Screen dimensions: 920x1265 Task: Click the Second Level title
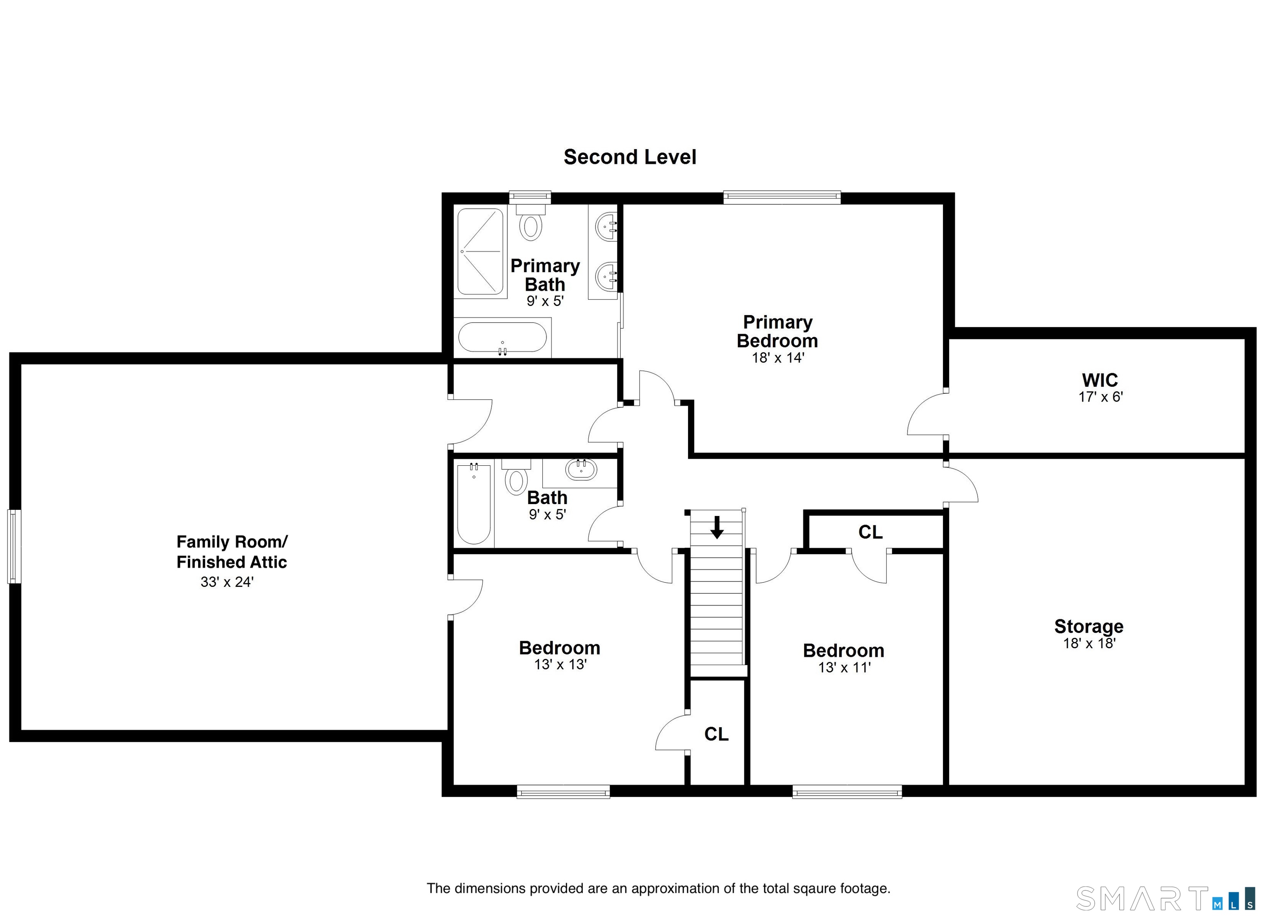click(x=629, y=157)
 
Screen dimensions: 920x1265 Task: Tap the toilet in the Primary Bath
click(x=530, y=224)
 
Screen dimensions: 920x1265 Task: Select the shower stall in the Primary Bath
click(x=480, y=252)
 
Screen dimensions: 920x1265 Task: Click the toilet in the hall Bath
click(x=516, y=479)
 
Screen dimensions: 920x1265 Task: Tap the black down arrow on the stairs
click(x=717, y=527)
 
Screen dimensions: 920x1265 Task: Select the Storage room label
click(x=1088, y=626)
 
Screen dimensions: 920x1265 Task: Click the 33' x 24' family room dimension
click(x=227, y=582)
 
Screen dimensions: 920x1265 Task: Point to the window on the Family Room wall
click(x=14, y=547)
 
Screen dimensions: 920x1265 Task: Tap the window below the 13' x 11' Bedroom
click(x=847, y=792)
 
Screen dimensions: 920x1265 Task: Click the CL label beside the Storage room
click(x=870, y=532)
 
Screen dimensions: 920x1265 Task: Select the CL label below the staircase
click(x=716, y=734)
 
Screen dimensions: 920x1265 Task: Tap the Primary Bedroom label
click(x=777, y=332)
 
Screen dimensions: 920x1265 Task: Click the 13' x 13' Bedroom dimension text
click(x=560, y=665)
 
